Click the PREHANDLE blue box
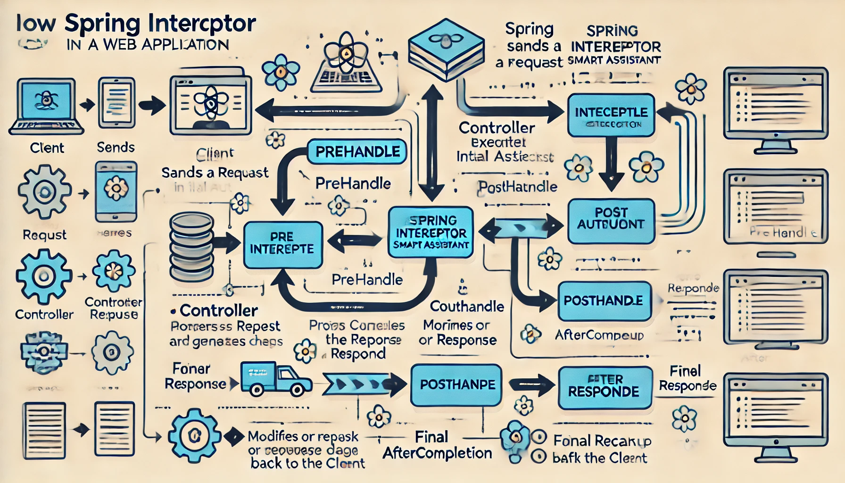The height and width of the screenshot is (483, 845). coord(357,152)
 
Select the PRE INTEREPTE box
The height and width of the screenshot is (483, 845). coord(282,244)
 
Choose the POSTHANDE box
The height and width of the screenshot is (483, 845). coord(604,301)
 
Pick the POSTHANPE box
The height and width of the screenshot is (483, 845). coord(456,384)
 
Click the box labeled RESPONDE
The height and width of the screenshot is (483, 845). coord(605,387)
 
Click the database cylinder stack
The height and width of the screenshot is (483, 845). coord(191,247)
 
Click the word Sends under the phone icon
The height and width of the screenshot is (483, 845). coord(116,148)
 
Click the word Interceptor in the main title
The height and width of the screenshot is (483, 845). coord(201,24)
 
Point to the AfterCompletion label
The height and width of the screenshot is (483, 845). coord(437,453)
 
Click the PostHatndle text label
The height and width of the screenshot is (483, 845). coord(517,187)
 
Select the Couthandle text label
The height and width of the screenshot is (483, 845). coord(467,307)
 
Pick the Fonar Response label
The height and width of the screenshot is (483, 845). coord(194,376)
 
